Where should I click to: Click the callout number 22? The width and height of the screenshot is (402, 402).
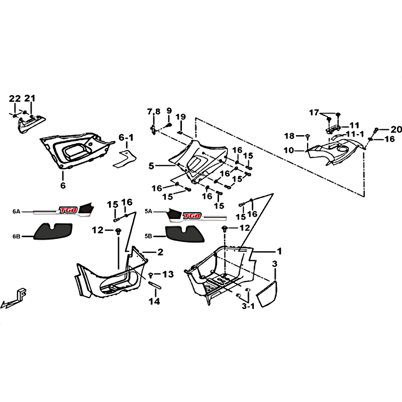pos(15,98)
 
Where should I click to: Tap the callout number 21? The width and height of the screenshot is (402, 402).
pos(30,98)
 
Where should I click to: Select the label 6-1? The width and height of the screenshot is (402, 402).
pos(126,138)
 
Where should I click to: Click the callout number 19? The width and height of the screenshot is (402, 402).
pos(181,117)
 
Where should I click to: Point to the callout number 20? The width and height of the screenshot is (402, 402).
pos(396,130)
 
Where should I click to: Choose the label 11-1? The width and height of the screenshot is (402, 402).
pos(355,134)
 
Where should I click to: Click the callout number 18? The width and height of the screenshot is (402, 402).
pos(289,136)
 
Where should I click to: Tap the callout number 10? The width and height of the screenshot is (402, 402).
pos(288,150)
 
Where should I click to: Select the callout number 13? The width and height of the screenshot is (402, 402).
pos(168,274)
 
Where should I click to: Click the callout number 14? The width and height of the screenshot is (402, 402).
pos(154,301)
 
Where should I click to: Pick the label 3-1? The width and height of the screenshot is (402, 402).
pos(248,306)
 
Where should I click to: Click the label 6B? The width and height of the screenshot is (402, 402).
pos(16,236)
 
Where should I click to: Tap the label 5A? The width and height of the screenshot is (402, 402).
pos(148,212)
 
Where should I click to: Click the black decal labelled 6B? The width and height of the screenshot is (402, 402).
pos(53,231)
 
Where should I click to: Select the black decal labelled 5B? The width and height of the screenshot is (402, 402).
pos(184,234)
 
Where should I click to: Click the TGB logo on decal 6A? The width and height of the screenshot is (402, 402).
pos(68,210)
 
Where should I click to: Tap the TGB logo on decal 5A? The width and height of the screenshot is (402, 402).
pos(192,216)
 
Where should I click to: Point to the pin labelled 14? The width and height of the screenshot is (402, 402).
pos(155,285)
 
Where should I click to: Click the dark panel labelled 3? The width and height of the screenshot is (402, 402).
pos(267,293)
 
